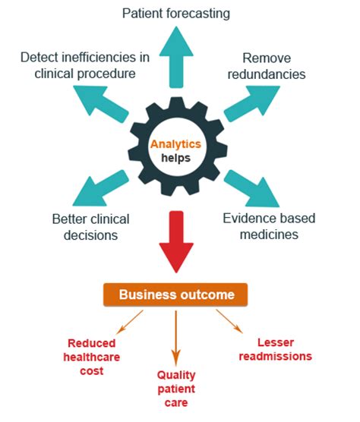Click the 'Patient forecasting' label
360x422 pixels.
176,14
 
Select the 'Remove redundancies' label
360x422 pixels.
274,66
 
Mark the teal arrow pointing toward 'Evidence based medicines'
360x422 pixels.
251,190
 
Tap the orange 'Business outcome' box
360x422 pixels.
177,294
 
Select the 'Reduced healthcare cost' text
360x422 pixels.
96,357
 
